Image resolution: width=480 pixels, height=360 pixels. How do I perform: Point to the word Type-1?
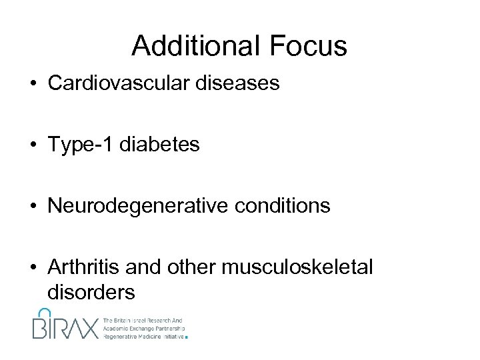point(79,145)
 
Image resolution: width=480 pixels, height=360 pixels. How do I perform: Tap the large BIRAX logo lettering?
point(64,327)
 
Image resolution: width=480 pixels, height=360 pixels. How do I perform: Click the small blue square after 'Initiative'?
point(187,338)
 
